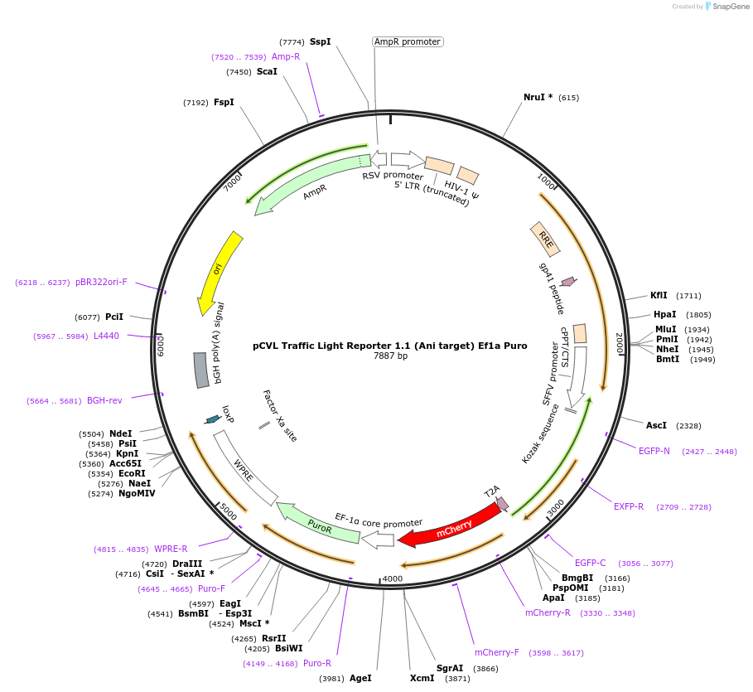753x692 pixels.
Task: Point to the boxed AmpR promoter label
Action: coord(407,41)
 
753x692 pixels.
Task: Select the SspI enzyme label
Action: coord(320,41)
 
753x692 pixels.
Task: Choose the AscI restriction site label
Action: coord(656,425)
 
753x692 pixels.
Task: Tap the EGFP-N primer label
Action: coord(654,451)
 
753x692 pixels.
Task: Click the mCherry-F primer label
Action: coord(496,652)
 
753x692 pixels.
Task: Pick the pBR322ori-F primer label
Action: coord(101,283)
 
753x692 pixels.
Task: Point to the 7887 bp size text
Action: coord(390,356)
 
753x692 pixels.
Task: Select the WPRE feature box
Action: coord(245,469)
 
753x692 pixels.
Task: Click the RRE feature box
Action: coord(545,240)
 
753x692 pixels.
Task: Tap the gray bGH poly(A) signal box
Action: coord(201,370)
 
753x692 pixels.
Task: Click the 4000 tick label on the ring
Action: coord(392,578)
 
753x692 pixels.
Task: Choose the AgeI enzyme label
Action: coord(360,677)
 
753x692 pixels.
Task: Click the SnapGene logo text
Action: coord(730,7)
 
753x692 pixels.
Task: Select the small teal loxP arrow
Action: coord(213,419)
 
